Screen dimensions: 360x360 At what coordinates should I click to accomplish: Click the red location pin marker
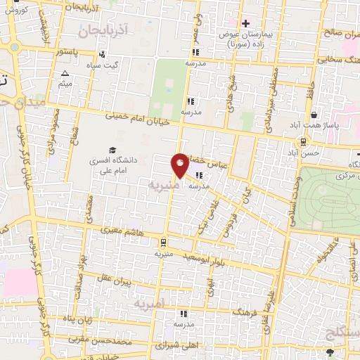(x=180, y=164)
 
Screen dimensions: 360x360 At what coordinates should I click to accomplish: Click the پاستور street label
(x=74, y=52)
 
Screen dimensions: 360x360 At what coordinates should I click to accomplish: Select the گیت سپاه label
(x=121, y=64)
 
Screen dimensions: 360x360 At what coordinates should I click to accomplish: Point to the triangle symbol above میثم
(x=65, y=73)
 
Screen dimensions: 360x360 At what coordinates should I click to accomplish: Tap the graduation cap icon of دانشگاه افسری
(x=111, y=150)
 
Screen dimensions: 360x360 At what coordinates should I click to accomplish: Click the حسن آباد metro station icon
(x=302, y=141)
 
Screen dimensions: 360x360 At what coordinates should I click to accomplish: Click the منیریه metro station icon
(x=162, y=240)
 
